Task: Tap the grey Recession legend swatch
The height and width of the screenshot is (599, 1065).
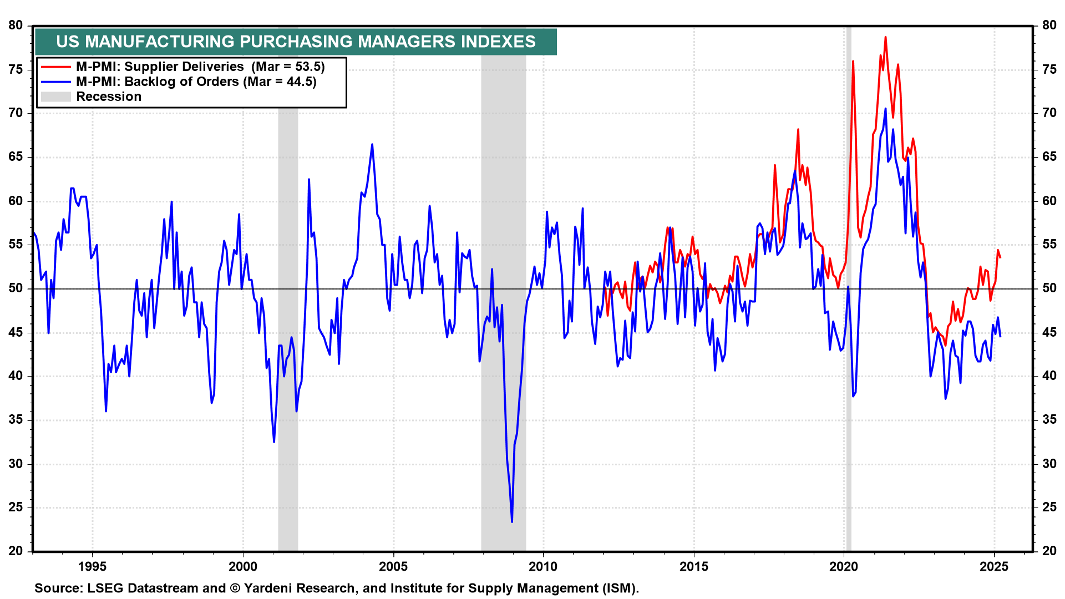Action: pyautogui.click(x=55, y=97)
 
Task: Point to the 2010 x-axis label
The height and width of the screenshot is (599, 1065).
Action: pyautogui.click(x=543, y=566)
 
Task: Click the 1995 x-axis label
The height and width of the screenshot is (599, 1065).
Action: pyautogui.click(x=92, y=566)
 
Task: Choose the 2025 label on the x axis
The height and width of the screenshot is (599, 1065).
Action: pyautogui.click(x=994, y=566)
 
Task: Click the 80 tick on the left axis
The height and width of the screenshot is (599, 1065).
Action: pyautogui.click(x=16, y=25)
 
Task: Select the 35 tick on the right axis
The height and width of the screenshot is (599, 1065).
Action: pyautogui.click(x=1049, y=419)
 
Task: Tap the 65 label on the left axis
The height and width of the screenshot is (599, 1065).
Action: pyautogui.click(x=16, y=156)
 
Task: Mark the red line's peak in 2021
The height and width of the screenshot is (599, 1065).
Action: pyautogui.click(x=885, y=37)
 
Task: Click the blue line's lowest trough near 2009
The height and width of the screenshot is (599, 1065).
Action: pyautogui.click(x=511, y=521)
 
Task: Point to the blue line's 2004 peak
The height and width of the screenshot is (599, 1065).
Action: pyautogui.click(x=372, y=144)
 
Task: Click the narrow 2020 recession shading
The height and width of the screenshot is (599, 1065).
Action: pyautogui.click(x=849, y=288)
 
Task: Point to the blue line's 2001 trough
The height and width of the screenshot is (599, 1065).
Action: pyautogui.click(x=274, y=441)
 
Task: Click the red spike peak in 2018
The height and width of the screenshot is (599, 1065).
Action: pyautogui.click(x=798, y=129)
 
